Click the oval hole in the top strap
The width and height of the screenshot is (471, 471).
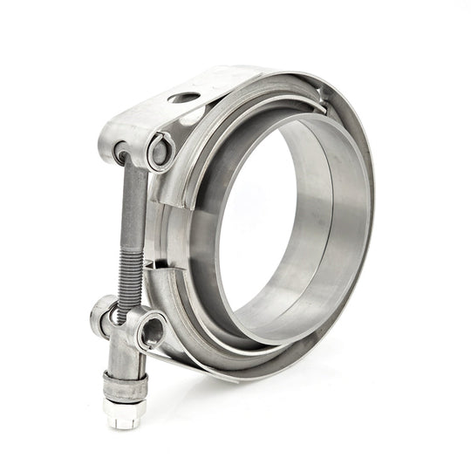[x=183, y=98]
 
